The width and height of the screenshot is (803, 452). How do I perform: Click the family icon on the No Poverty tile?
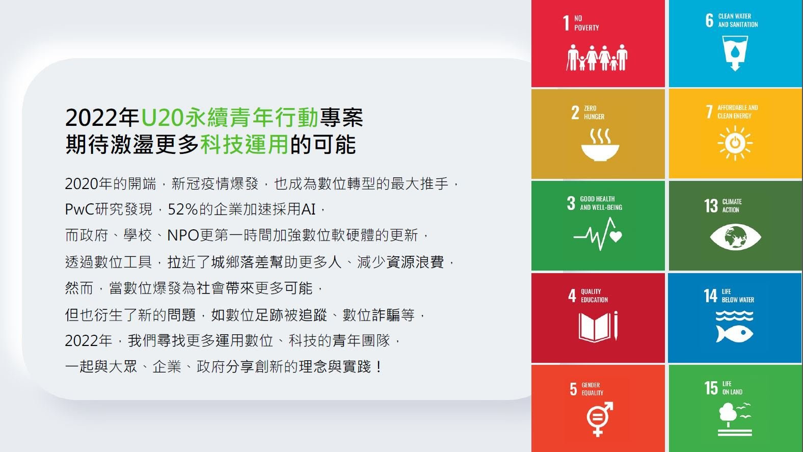[x=597, y=58]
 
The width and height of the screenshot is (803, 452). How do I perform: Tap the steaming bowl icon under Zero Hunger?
[x=600, y=145]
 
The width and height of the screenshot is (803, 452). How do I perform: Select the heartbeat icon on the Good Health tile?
[x=598, y=234]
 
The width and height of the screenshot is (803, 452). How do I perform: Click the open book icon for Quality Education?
[x=598, y=327]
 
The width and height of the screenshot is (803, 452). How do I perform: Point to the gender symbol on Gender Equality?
[x=599, y=419]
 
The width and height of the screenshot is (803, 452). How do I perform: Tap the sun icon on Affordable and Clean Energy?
[x=735, y=143]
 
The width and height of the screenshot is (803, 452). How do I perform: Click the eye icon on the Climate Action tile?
[x=735, y=237]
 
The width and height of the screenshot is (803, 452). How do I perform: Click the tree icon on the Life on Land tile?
[x=728, y=414]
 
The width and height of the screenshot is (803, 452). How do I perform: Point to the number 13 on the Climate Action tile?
[x=711, y=206]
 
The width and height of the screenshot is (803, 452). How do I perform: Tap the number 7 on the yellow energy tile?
[x=709, y=112]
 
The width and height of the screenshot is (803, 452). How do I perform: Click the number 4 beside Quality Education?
[x=572, y=296]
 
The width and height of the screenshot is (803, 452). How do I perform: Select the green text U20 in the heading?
[x=163, y=117]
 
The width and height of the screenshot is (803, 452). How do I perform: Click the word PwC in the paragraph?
[x=79, y=209]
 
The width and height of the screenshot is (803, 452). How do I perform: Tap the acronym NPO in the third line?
[x=183, y=235]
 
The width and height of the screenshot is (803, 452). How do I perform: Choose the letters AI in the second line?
[x=308, y=209]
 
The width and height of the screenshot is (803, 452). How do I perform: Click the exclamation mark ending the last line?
[x=379, y=367]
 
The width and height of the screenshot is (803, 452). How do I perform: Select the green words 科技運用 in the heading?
[x=244, y=144]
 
